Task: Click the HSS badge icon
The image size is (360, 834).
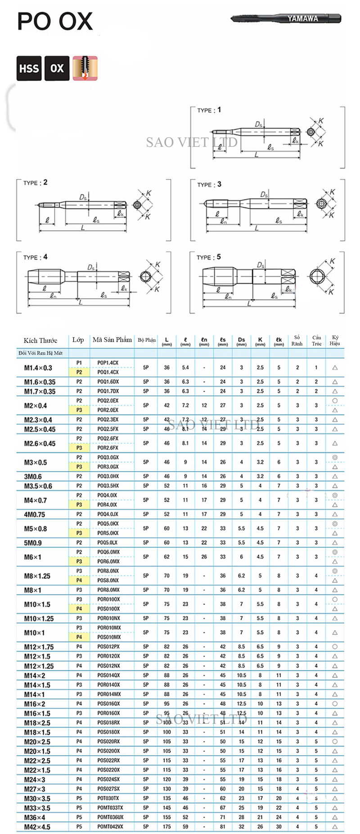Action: [x=29, y=68]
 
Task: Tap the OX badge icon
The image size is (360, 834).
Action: [x=57, y=68]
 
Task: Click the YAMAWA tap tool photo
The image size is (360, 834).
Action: [x=286, y=18]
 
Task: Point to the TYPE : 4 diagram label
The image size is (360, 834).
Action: [x=35, y=257]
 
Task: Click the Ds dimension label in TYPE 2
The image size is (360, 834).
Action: [x=84, y=197]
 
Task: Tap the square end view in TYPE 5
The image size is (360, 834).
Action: [x=320, y=276]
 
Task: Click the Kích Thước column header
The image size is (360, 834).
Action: [x=40, y=340]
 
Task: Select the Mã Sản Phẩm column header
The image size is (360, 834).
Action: [x=112, y=340]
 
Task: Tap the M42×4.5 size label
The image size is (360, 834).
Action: [x=37, y=827]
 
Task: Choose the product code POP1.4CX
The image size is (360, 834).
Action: [x=108, y=363]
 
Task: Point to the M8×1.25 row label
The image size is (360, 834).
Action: [x=37, y=576]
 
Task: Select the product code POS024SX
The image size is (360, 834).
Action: [x=108, y=779]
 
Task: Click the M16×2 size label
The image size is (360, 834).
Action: [x=35, y=704]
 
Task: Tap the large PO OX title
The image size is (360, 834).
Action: [x=55, y=22]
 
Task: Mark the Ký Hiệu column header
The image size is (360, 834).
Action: [x=335, y=340]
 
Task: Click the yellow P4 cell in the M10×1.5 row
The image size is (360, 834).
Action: [x=79, y=609]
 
